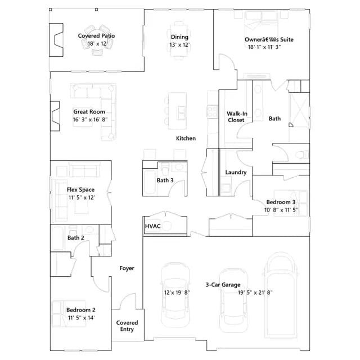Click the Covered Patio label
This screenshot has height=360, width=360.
(x=96, y=36)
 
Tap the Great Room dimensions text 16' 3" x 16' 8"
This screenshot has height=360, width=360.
(x=90, y=120)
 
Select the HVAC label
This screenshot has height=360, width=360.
(x=152, y=226)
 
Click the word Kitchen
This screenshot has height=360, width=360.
(x=186, y=138)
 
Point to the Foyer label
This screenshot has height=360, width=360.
(x=127, y=268)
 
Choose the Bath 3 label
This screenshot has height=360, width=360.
(x=165, y=181)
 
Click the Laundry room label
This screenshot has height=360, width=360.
(x=236, y=173)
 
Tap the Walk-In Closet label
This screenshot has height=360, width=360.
(x=237, y=117)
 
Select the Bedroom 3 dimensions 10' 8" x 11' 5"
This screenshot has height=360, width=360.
(x=281, y=210)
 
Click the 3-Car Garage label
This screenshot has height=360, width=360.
(x=223, y=285)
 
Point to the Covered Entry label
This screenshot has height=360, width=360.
(x=127, y=326)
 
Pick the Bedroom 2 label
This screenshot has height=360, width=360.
(x=81, y=310)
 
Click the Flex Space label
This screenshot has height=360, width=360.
(x=80, y=190)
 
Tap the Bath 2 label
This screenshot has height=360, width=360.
(x=76, y=238)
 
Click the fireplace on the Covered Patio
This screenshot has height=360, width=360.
(x=56, y=40)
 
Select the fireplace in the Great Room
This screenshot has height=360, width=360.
(x=55, y=116)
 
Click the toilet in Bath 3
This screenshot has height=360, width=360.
(x=165, y=169)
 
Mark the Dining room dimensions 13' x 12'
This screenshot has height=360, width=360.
(x=179, y=45)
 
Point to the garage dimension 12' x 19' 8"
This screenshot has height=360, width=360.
(x=177, y=292)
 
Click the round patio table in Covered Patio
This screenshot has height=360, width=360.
(x=97, y=39)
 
